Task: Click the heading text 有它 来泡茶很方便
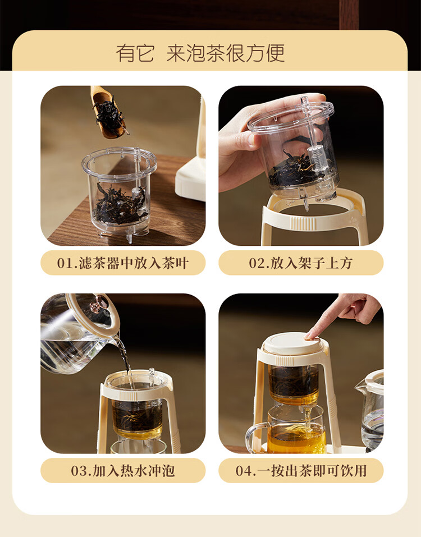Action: point(200,53)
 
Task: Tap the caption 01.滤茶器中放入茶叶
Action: point(123,263)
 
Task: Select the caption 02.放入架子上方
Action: point(301,263)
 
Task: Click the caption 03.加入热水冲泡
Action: point(123,471)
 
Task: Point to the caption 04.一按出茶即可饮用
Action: point(301,471)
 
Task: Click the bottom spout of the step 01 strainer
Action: point(130,238)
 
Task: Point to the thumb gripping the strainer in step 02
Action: point(240,139)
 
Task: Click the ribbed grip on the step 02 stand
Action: point(303,223)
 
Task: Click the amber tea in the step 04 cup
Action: point(296,439)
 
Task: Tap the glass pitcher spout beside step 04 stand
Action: point(360,386)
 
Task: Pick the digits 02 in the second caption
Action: point(255,263)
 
